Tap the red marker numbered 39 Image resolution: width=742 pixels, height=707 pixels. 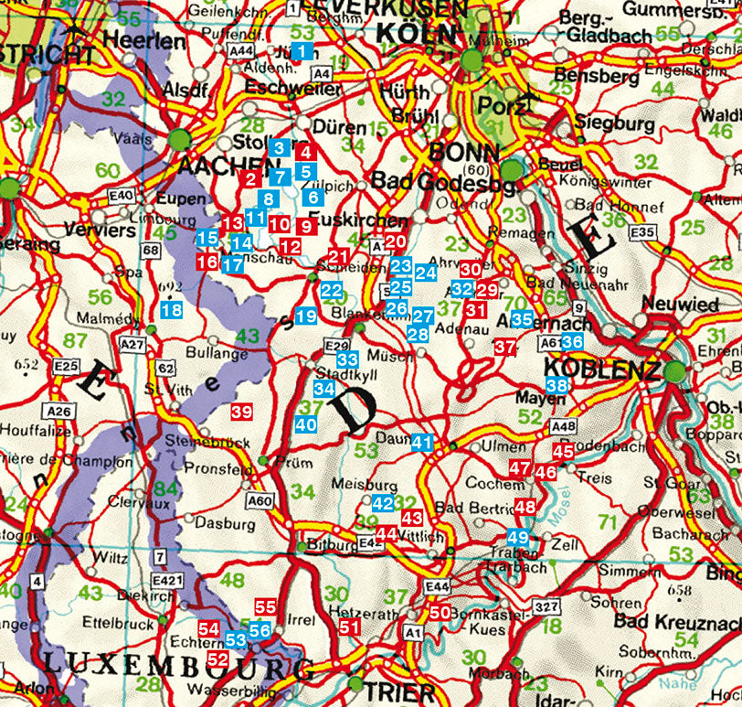[x=241, y=412]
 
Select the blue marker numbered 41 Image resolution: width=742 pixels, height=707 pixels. [x=421, y=442]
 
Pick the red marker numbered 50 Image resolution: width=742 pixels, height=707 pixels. [x=440, y=613]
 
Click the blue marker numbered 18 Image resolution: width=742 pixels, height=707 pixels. [x=171, y=310]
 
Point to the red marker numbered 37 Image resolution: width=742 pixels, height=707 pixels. [x=505, y=347]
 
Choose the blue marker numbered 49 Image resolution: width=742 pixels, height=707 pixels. [x=518, y=537]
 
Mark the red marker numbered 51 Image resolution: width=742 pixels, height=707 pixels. [x=349, y=627]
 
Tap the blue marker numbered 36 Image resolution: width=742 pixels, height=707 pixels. [x=572, y=341]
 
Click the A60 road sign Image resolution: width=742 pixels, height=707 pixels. [x=260, y=500]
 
